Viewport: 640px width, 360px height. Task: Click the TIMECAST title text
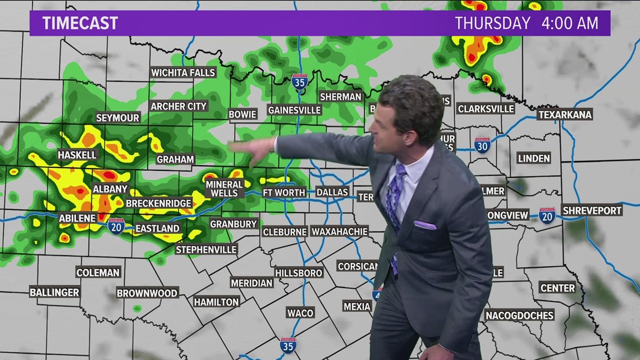[80, 23]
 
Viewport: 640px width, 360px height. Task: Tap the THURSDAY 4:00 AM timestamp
[526, 23]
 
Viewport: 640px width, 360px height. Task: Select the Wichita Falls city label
[183, 72]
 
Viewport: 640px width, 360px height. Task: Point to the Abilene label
[77, 218]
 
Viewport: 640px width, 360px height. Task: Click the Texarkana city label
[565, 115]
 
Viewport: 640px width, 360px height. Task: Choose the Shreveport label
[592, 210]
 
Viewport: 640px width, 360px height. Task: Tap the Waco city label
[300, 312]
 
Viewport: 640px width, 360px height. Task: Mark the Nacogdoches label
[519, 315]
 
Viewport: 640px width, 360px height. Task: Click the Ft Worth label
[284, 192]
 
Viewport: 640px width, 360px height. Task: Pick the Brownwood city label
[147, 293]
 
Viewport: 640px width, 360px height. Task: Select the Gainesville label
[294, 110]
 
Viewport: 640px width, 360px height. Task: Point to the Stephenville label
[207, 249]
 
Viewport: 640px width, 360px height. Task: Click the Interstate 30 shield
[482, 145]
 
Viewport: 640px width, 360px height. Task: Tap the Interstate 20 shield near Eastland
[116, 226]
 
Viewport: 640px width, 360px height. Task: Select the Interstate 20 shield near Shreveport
[547, 216]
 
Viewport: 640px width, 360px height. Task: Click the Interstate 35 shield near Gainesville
[300, 82]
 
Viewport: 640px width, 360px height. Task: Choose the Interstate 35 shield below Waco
[288, 345]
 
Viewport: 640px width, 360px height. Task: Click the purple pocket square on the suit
[425, 225]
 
